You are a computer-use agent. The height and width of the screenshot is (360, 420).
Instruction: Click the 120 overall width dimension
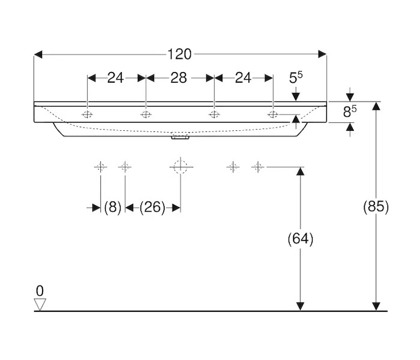(179, 55)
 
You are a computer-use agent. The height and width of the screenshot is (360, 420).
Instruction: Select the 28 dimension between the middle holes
(179, 77)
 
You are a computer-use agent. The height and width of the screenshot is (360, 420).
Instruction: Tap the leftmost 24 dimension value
(115, 77)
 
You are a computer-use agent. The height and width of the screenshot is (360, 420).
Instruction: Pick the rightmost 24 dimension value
(244, 77)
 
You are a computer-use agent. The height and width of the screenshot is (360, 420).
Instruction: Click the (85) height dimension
(376, 207)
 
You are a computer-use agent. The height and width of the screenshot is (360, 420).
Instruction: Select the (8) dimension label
(113, 208)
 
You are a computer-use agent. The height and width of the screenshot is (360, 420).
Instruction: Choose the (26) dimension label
(152, 208)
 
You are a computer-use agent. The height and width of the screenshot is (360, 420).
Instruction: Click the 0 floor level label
(40, 291)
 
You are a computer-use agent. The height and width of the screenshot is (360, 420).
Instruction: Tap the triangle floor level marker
(40, 304)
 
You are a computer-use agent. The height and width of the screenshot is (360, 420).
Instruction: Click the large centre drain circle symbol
(179, 166)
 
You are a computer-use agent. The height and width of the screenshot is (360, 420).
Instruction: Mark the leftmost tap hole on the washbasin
(88, 115)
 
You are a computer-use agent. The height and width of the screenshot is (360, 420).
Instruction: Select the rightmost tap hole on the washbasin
(272, 115)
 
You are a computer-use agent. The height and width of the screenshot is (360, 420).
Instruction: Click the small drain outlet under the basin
(179, 137)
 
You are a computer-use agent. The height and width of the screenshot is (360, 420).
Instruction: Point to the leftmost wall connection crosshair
(100, 166)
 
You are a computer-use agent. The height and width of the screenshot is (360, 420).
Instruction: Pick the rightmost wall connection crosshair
(258, 166)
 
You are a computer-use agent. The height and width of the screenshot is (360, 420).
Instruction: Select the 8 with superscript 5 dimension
(350, 112)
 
